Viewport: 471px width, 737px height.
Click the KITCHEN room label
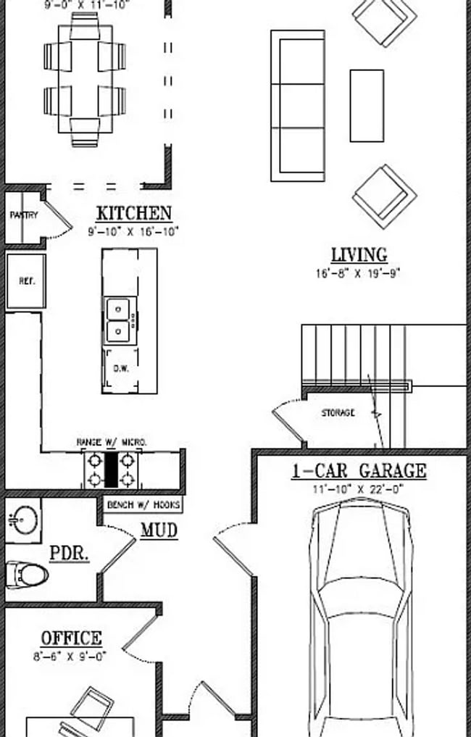134,214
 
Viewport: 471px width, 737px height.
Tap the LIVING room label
359,255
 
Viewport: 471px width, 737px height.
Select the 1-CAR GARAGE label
359,471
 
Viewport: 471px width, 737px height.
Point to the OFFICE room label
71,638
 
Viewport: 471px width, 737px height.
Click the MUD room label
159,530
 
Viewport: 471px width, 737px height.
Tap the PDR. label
70,554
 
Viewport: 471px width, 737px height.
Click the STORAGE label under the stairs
338,413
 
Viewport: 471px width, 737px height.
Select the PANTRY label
23,215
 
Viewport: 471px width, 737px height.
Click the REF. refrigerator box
26,281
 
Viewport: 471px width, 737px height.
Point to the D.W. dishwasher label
120,368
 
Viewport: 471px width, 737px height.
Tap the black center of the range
111,469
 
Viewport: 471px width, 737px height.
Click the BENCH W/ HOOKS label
143,504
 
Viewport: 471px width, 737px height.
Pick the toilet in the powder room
26,575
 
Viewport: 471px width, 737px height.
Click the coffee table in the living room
367,106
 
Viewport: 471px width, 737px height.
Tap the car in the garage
360,616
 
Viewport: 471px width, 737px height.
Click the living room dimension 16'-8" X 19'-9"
358,274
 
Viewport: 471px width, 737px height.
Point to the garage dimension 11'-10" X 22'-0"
359,488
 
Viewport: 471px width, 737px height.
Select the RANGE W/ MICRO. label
112,441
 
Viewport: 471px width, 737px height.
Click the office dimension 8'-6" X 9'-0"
71,657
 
